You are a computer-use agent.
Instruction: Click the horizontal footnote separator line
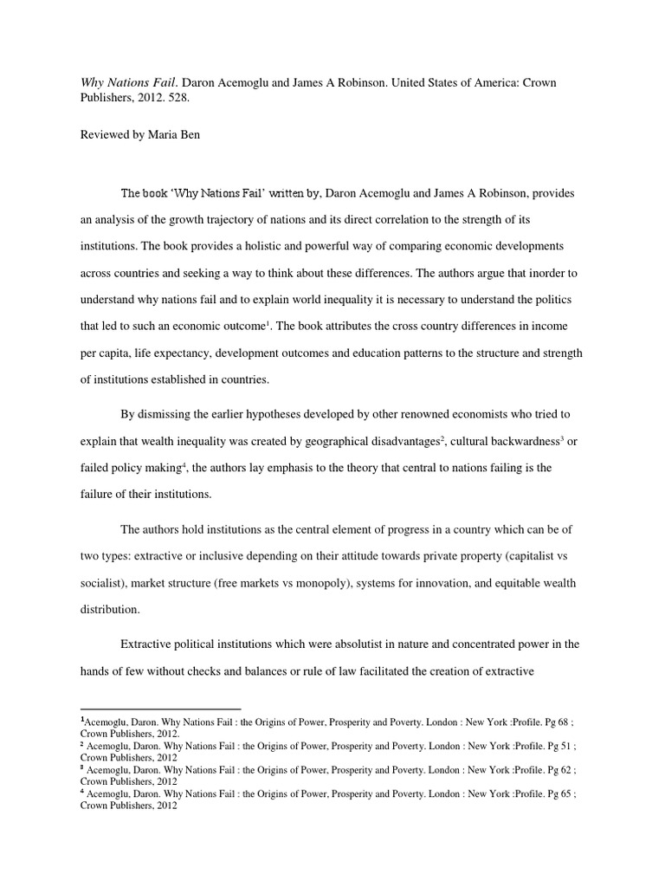tap(160, 709)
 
